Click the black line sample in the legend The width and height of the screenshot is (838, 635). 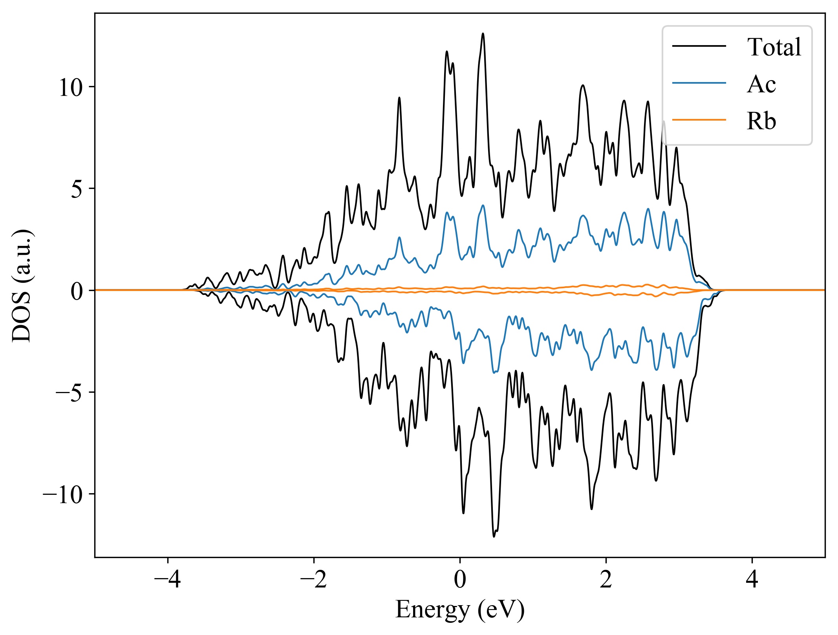(699, 46)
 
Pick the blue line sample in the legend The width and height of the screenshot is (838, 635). (699, 83)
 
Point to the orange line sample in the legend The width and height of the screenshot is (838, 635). (699, 119)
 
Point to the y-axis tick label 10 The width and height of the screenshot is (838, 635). (71, 87)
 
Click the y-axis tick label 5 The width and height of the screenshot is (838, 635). (77, 189)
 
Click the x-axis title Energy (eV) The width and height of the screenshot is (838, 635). (460, 609)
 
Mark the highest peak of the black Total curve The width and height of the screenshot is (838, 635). (483, 34)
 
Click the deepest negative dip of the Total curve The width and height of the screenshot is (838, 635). (494, 536)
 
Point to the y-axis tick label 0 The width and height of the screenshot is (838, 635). (77, 291)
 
